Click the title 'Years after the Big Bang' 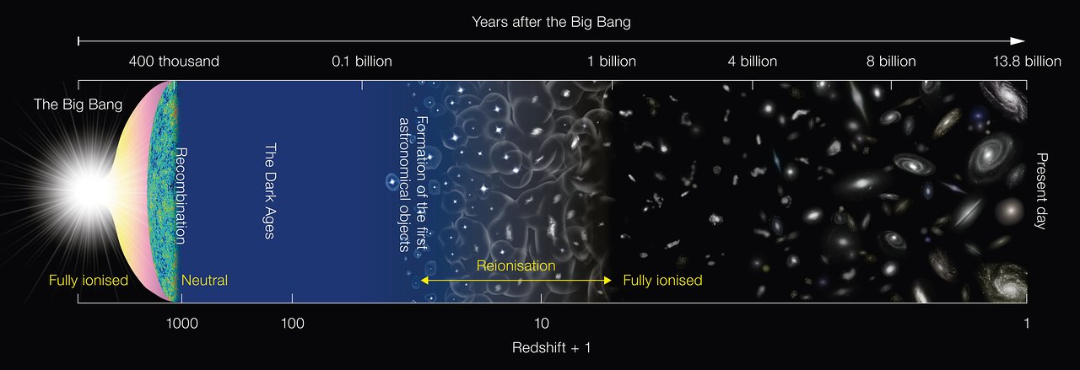pyautogui.click(x=551, y=22)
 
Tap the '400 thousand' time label pyautogui.click(x=174, y=62)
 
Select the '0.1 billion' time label pyautogui.click(x=362, y=62)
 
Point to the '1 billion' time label pyautogui.click(x=612, y=62)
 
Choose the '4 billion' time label pyautogui.click(x=752, y=62)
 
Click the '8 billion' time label pyautogui.click(x=891, y=62)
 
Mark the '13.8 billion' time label pyautogui.click(x=1027, y=62)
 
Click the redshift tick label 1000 pyautogui.click(x=181, y=323)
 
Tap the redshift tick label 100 pyautogui.click(x=292, y=323)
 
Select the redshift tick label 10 pyautogui.click(x=542, y=323)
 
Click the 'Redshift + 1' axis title pyautogui.click(x=551, y=347)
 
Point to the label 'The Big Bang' pyautogui.click(x=78, y=105)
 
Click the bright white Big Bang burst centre pyautogui.click(x=89, y=191)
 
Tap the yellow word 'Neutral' pyautogui.click(x=204, y=281)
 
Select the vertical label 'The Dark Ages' pyautogui.click(x=270, y=190)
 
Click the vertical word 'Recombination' pyautogui.click(x=181, y=196)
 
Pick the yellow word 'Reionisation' pyautogui.click(x=516, y=265)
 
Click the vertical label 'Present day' pyautogui.click(x=1041, y=191)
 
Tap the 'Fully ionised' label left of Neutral pyautogui.click(x=89, y=281)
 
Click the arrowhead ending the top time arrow pyautogui.click(x=1018, y=41)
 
